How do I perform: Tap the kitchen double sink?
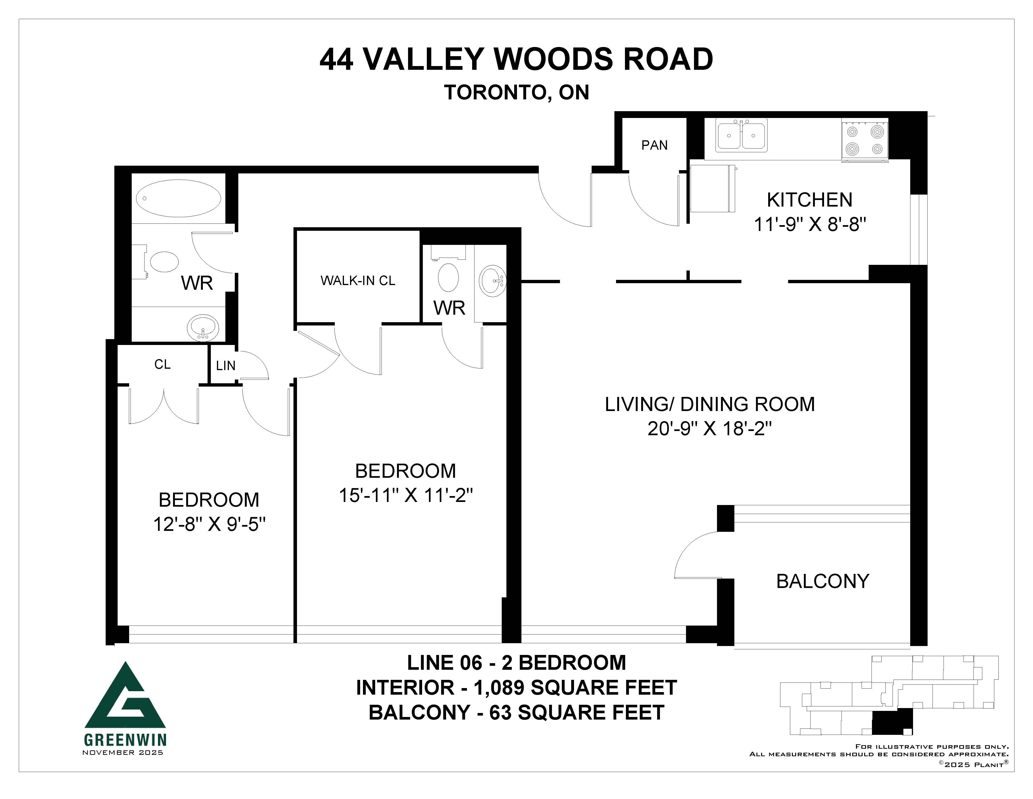741,135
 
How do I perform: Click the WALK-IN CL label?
358,281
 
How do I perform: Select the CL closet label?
162,364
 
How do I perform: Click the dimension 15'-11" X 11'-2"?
406,496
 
